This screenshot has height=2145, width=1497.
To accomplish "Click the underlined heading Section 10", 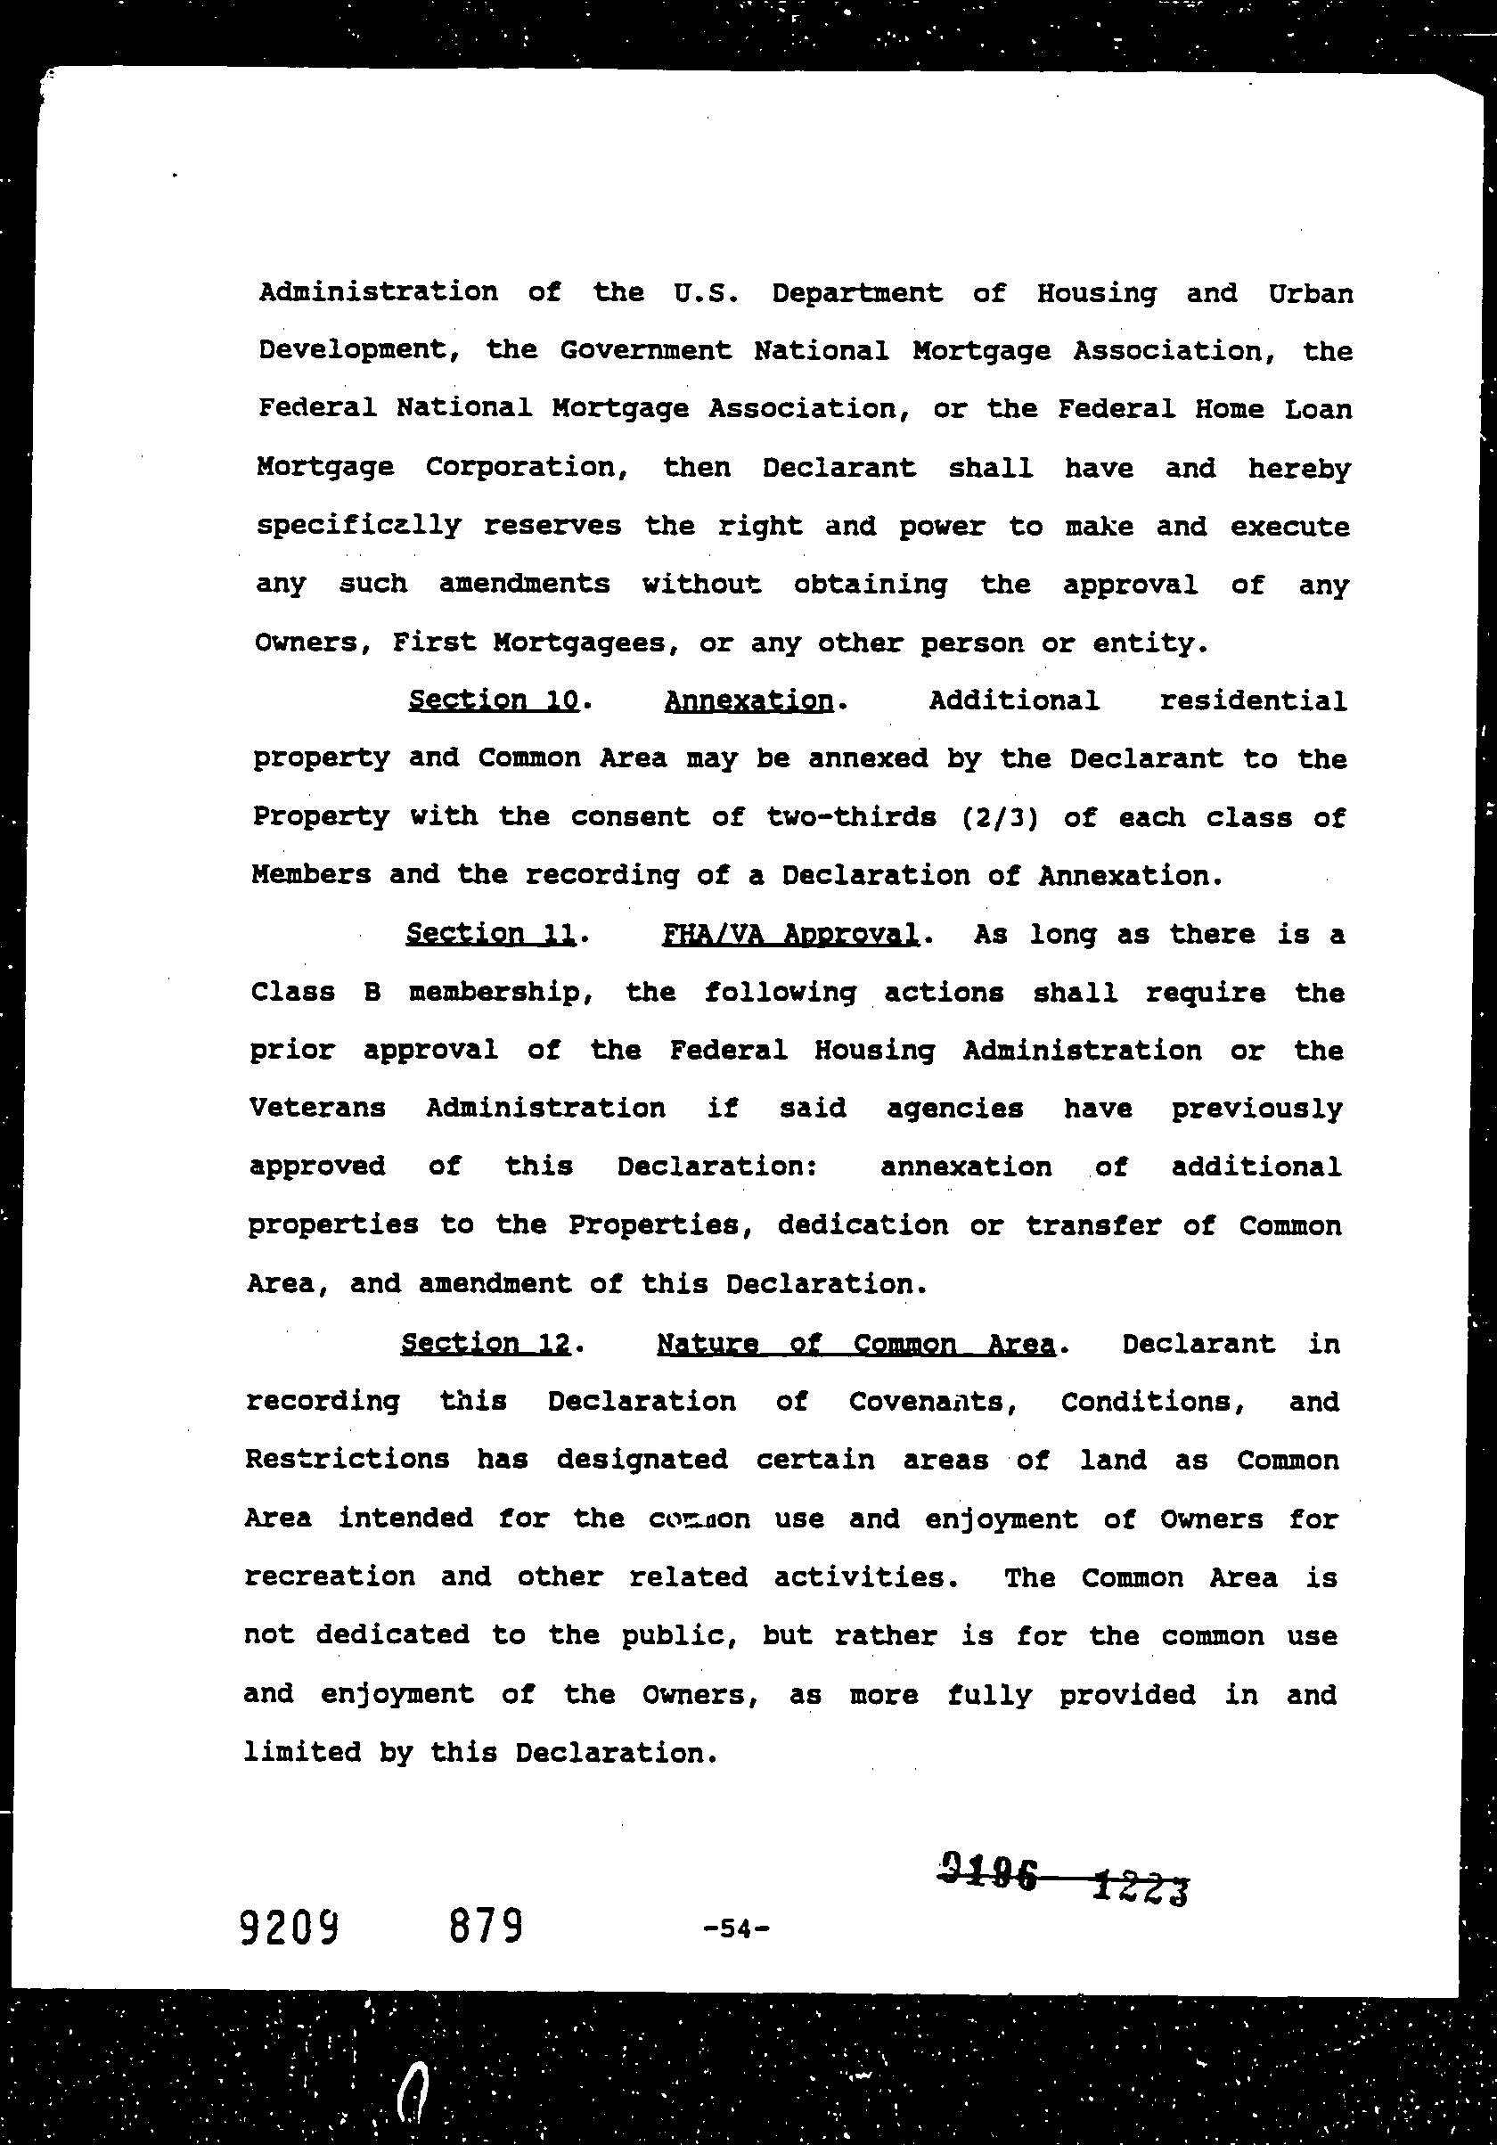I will [493, 700].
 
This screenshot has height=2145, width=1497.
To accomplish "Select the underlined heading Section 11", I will [489, 933].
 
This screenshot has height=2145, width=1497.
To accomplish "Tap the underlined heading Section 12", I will [486, 1344].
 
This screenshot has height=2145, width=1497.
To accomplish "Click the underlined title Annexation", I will [748, 700].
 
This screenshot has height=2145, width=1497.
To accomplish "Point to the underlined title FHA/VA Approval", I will [790, 933].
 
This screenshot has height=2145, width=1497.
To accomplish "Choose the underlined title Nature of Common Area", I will [856, 1344].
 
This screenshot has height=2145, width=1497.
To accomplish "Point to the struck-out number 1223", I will [1141, 1888].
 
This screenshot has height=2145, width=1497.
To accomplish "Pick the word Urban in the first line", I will [1310, 293].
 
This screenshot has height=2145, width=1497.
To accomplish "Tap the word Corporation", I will [526, 467].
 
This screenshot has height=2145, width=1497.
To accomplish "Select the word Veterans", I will [317, 1108].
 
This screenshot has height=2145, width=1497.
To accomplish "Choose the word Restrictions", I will [348, 1460].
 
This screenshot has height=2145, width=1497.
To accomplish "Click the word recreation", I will [330, 1577].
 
